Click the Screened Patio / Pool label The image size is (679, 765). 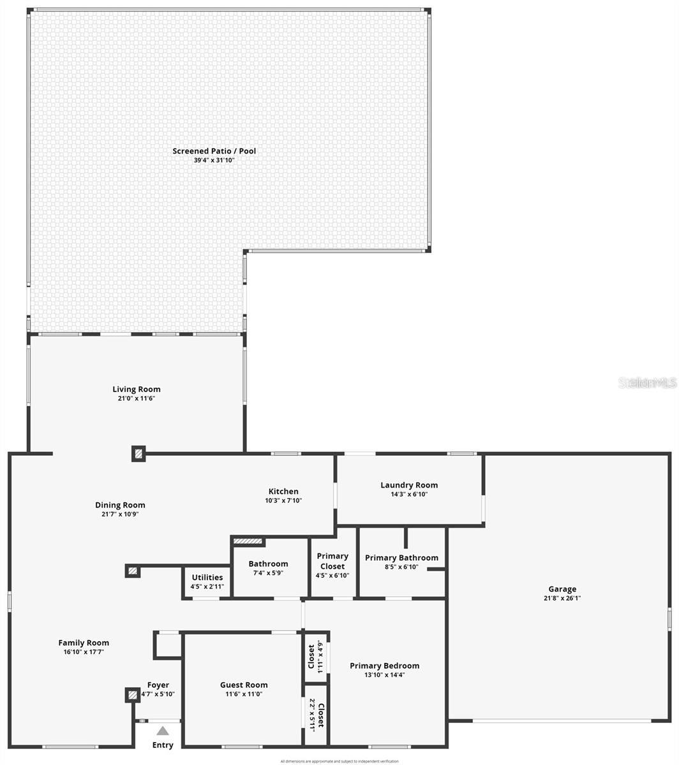coord(214,151)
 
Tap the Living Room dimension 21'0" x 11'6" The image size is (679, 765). coord(136,398)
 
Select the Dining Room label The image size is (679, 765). coord(120,505)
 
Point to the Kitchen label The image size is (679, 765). coord(283,492)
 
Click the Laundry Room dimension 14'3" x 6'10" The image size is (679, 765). coord(409,494)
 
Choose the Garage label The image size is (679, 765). coord(562,589)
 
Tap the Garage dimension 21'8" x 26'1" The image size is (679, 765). coord(562,598)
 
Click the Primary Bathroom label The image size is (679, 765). coord(401,558)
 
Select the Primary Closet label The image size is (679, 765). coord(332,561)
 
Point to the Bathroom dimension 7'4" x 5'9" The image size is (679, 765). coord(268,572)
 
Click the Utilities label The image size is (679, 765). coord(207,578)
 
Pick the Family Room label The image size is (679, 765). coord(84,643)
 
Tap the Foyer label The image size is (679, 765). coord(158,685)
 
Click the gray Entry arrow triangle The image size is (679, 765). coord(163,731)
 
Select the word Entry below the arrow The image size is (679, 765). coord(163,745)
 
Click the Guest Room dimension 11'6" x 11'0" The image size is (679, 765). coord(244,694)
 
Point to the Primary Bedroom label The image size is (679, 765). coord(384,666)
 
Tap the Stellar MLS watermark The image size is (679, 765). coord(647,382)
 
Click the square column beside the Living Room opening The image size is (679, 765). coord(138,454)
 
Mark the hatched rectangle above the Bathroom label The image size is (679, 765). coord(248,541)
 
